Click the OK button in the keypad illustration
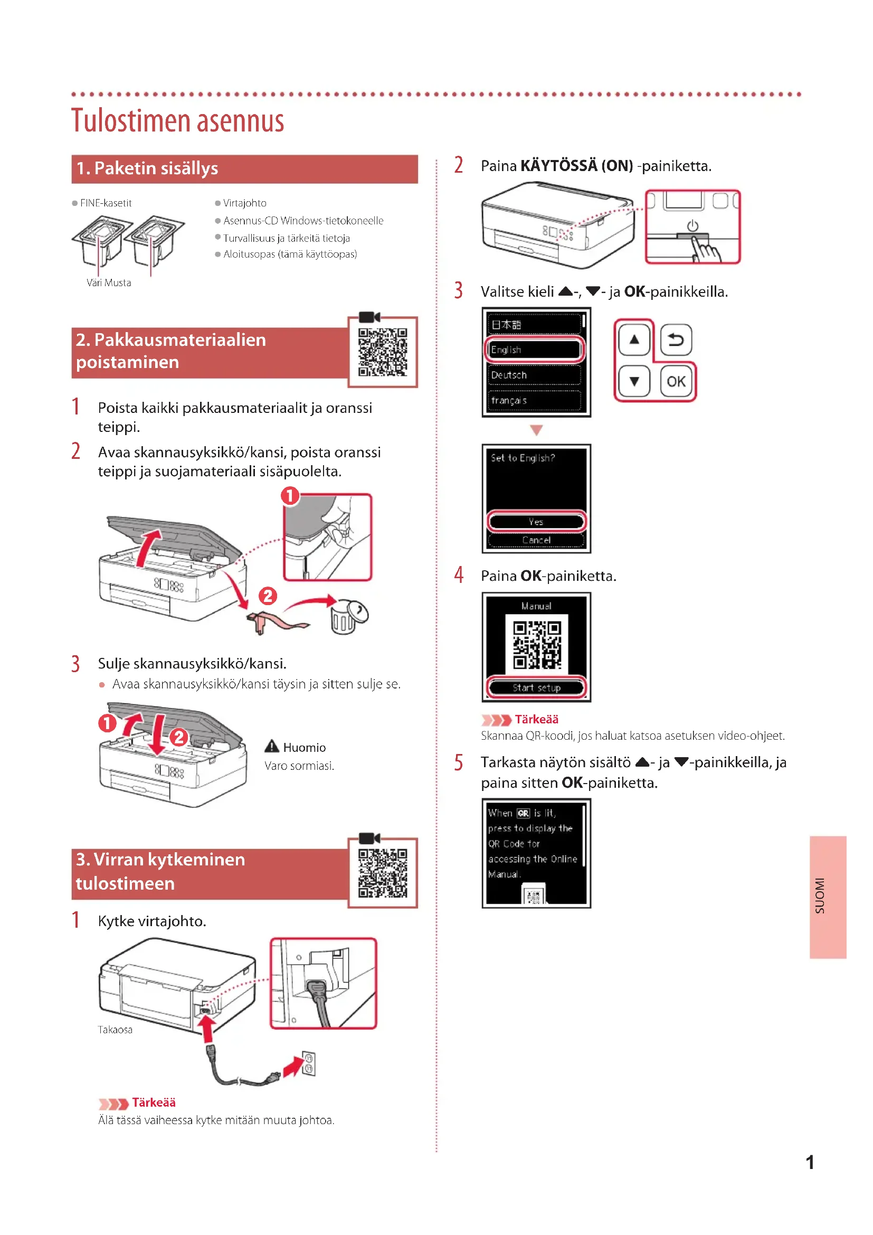click(676, 381)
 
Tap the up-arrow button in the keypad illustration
click(634, 340)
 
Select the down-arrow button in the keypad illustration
click(634, 381)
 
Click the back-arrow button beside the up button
click(676, 340)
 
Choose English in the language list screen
click(533, 350)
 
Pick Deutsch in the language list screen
click(533, 375)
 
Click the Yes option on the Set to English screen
click(536, 522)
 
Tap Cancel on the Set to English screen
click(536, 540)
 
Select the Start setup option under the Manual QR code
click(536, 687)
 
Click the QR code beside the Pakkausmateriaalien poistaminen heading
click(383, 352)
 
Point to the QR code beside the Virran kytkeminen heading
click(383, 873)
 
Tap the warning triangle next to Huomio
click(272, 747)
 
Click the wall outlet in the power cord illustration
click(309, 1063)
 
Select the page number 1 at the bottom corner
click(810, 1163)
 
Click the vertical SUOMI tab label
click(820, 896)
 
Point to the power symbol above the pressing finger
click(692, 226)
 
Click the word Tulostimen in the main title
click(132, 120)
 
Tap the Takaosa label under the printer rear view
click(115, 1030)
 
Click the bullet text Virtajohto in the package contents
click(244, 203)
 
